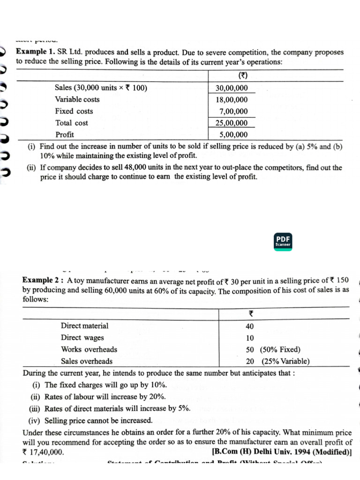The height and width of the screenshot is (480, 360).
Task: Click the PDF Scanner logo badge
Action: (283, 240)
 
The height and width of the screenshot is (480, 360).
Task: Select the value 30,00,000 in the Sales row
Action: (232, 88)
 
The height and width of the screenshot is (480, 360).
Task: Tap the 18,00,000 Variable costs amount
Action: (232, 100)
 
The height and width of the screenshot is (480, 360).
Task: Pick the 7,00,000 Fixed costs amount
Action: (233, 112)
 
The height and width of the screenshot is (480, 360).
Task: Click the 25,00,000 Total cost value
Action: (232, 123)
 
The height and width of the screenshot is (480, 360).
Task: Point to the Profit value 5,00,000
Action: (233, 135)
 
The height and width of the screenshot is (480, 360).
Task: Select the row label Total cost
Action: (71, 123)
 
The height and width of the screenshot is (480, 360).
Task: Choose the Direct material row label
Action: (84, 326)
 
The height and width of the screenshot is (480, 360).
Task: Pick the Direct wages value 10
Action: (250, 338)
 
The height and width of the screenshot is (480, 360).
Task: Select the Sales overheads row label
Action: (87, 361)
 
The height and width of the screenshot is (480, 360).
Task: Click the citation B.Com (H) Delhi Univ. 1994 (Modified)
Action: (282, 452)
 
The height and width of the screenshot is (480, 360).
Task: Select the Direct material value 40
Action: (250, 326)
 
